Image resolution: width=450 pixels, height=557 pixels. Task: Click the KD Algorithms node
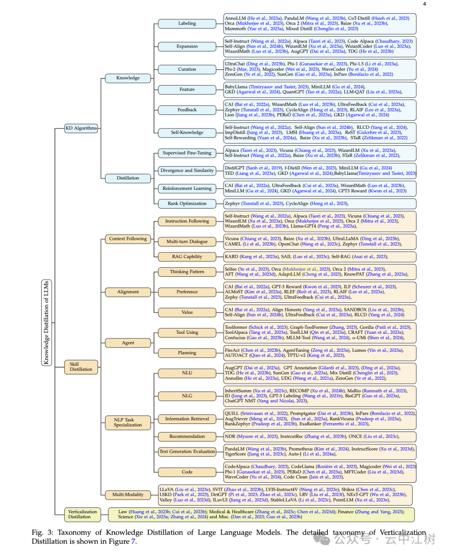[81, 128]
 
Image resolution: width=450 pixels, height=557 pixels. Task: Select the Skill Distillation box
[81, 367]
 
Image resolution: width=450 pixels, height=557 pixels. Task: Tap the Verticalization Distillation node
[82, 514]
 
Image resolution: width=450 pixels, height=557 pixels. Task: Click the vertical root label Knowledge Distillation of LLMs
[46, 323]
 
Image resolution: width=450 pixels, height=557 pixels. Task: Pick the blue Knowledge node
[128, 78]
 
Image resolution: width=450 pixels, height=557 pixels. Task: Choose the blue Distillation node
[128, 178]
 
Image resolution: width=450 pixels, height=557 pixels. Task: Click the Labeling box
[187, 24]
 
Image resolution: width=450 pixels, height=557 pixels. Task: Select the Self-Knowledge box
[187, 133]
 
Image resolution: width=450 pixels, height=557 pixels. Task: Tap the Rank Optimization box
[187, 204]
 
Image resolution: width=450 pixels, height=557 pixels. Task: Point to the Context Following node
[128, 239]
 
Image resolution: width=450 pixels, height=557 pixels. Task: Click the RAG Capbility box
[187, 257]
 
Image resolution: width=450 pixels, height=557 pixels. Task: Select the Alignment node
[128, 292]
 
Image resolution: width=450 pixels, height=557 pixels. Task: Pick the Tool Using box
[187, 333]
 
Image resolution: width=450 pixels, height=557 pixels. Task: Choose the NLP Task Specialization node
[128, 422]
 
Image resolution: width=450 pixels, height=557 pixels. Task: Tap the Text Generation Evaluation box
[187, 451]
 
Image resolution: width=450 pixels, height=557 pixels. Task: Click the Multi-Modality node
[128, 495]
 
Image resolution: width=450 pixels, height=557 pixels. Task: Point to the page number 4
[425, 4]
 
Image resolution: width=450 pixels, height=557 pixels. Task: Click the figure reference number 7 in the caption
[133, 542]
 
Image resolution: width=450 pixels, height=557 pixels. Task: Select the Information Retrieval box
[187, 419]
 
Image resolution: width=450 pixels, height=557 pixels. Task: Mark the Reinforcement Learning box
[187, 189]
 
